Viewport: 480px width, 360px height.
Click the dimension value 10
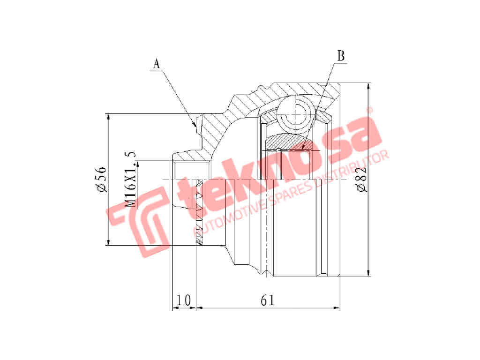point(184,300)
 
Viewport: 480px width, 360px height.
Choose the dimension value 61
point(268,300)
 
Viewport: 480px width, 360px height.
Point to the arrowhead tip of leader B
point(302,149)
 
